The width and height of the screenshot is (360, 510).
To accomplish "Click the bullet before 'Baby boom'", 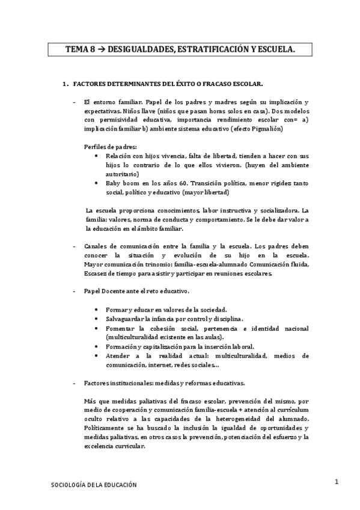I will (x=98, y=183).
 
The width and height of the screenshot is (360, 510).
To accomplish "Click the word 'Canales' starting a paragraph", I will (x=97, y=247).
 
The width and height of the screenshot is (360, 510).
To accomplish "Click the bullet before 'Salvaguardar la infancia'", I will (x=98, y=318).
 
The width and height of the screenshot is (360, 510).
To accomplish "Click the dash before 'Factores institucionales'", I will (x=73, y=383).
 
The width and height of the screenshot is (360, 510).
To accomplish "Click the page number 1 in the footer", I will (x=337, y=482).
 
